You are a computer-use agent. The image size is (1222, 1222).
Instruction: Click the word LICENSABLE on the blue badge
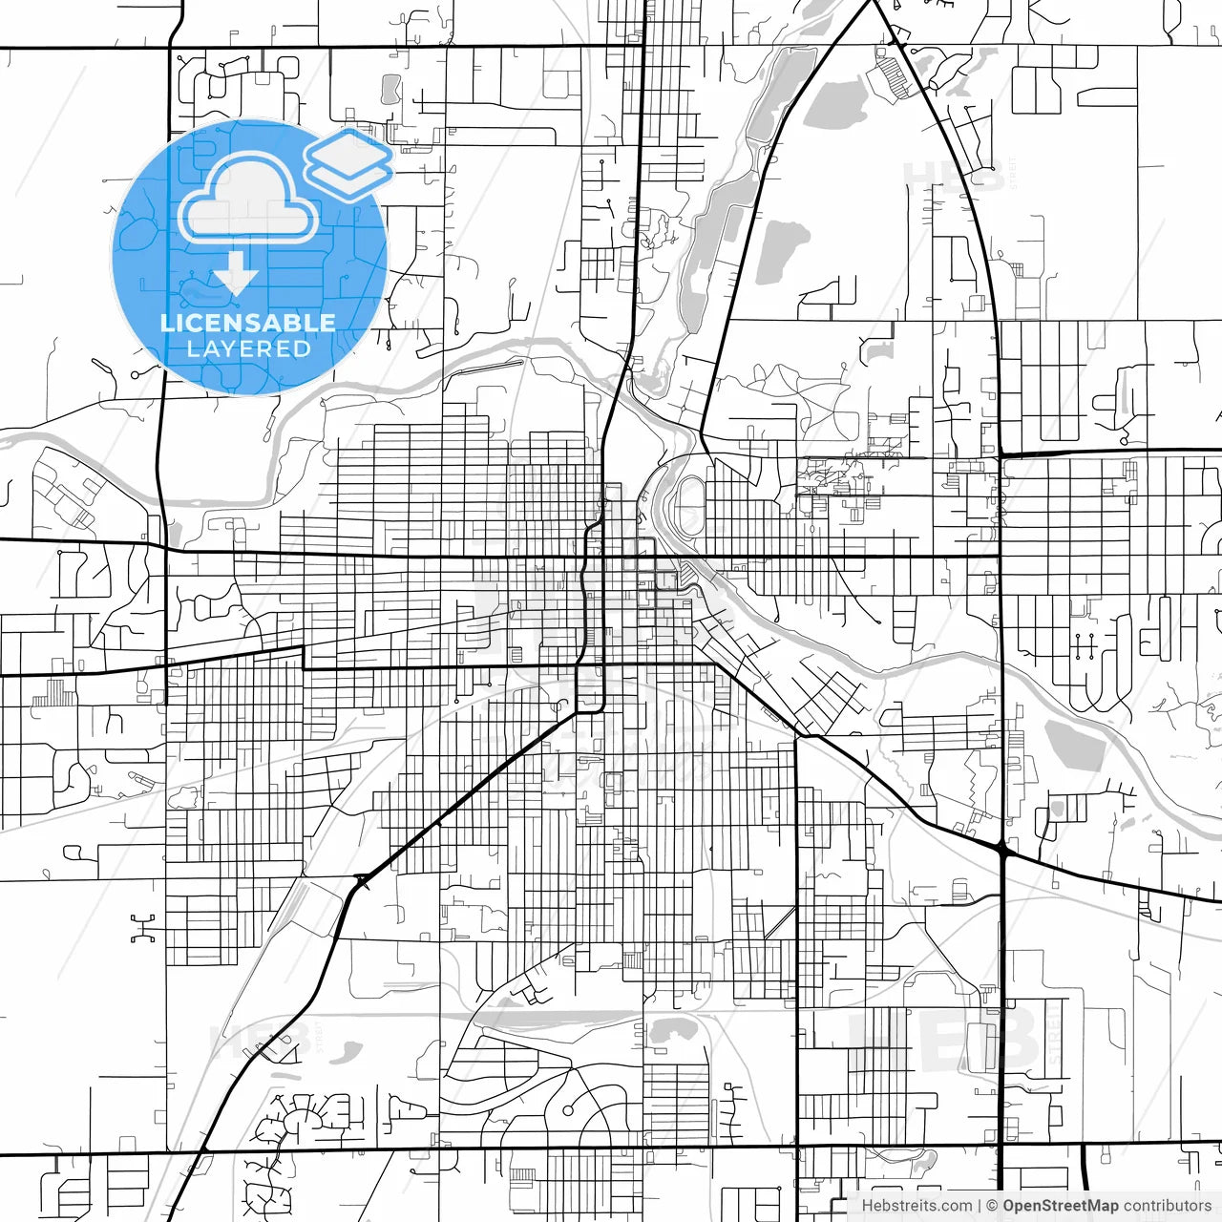point(248,323)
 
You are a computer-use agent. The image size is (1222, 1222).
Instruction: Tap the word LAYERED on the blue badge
point(248,349)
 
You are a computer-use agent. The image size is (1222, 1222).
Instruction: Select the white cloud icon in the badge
point(248,199)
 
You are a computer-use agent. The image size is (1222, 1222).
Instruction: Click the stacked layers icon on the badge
point(348,162)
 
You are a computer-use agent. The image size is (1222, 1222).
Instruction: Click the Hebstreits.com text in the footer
point(916,1206)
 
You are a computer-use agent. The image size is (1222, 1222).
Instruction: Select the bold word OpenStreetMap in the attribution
point(1060,1206)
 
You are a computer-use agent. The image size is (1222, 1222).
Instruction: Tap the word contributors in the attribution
point(1167,1206)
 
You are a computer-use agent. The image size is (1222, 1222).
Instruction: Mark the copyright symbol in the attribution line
point(992,1206)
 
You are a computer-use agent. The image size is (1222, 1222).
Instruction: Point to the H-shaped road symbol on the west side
point(143,927)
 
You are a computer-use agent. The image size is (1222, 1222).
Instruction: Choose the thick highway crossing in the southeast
point(1001,847)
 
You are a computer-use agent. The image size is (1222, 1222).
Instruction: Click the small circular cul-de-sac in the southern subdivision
point(567,1111)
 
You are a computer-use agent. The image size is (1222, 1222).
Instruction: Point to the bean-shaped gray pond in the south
point(675,1030)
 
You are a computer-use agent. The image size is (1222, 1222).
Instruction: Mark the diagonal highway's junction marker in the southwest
point(361,881)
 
